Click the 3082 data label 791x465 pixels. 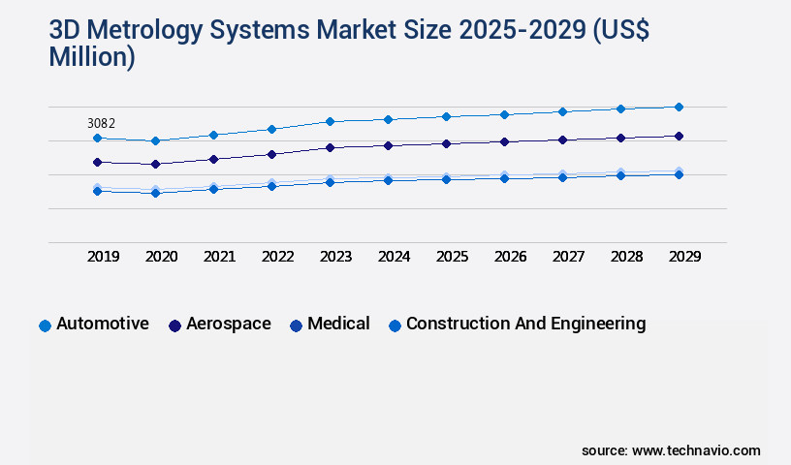101,123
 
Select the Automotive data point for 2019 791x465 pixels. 97,139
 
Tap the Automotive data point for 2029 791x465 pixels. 679,107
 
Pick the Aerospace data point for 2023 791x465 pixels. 330,147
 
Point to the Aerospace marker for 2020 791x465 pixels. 155,165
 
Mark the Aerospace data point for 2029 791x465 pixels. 679,136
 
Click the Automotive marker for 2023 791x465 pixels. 330,121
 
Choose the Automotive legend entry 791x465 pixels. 102,325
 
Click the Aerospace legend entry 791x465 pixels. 228,325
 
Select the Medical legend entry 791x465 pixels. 338,325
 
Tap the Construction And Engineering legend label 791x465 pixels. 525,325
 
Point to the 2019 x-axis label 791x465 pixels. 104,257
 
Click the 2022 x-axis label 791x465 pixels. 278,257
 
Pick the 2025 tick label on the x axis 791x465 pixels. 453,257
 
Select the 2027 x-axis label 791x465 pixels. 569,257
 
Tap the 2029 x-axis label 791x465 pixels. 684,257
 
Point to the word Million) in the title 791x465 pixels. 92,57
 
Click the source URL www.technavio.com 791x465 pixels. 696,450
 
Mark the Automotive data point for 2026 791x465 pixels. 504,114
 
